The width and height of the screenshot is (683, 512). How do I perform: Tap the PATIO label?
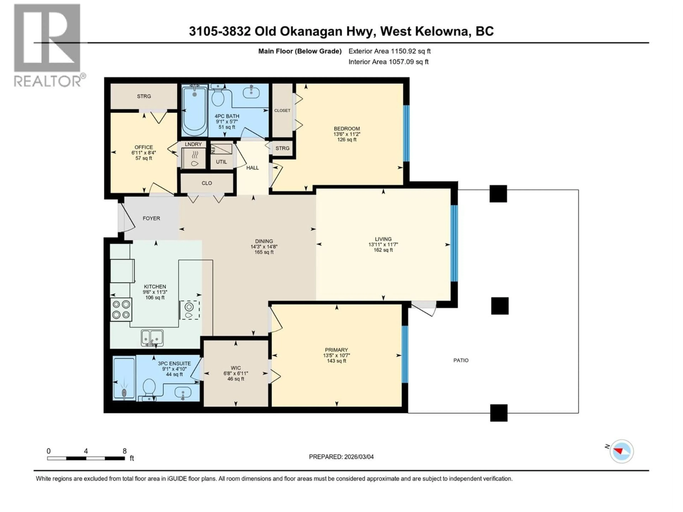pos(461,360)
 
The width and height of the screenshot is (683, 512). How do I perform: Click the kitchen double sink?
pos(152,338)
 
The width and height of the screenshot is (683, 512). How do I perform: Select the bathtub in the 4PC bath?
pos(195,111)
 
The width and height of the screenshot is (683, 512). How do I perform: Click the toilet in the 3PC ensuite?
pos(149,387)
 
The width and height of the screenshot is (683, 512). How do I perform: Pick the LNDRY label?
pos(193,144)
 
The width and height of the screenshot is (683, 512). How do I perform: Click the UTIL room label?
pos(221,162)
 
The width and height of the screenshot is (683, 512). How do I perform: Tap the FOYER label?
pos(151,218)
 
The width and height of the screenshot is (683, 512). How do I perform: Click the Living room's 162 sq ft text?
pos(383,250)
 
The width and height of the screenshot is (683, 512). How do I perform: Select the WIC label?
pos(236,368)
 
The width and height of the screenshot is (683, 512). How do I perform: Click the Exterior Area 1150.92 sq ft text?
pos(389,51)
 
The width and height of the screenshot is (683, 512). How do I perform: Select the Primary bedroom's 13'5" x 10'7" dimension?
pos(336,355)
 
